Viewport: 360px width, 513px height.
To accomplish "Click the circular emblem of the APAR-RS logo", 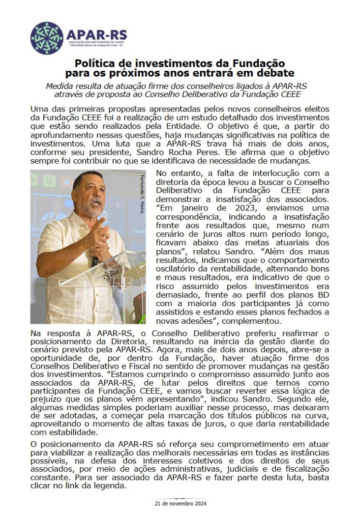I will pos(47,38).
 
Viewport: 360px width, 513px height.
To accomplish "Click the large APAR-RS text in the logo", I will pos(96,35).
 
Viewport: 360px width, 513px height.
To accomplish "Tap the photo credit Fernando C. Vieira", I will pos(142,194).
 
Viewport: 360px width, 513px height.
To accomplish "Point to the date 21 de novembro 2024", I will pos(180,504).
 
